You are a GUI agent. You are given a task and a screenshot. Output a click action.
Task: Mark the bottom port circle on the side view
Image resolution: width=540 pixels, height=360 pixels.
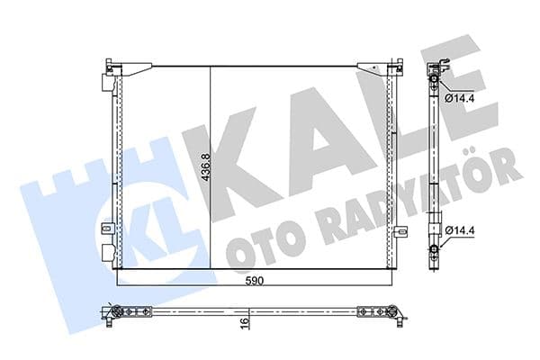pyautogui.click(x=435, y=249)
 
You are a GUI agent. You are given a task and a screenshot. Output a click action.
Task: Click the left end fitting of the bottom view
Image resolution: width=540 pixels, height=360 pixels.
pyautogui.click(x=114, y=312)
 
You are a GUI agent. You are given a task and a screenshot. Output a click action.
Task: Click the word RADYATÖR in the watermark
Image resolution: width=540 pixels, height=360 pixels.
pyautogui.click(x=405, y=193)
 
